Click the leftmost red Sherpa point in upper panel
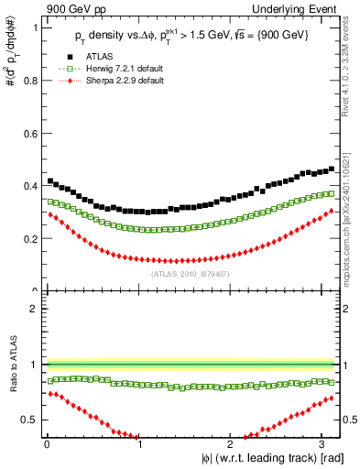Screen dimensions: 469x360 point(49,214)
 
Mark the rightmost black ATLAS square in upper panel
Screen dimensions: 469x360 point(332,169)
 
